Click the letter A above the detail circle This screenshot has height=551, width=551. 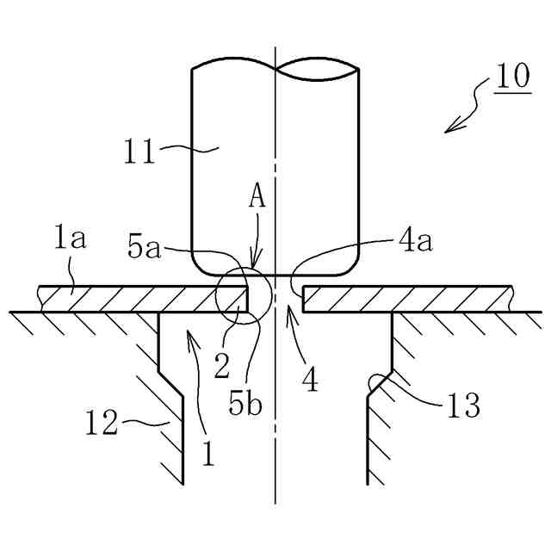pyautogui.click(x=256, y=198)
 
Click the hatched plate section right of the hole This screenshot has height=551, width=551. pyautogui.click(x=405, y=299)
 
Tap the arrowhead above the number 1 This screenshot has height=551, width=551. pyautogui.click(x=190, y=337)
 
